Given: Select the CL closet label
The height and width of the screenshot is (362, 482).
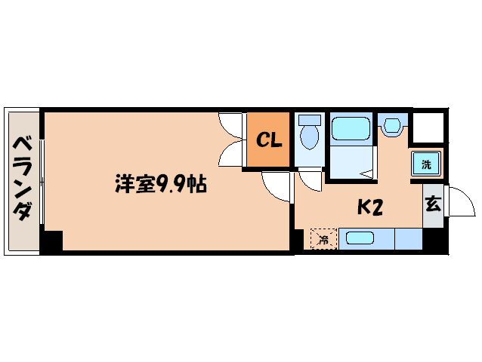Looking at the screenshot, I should pyautogui.click(x=268, y=140).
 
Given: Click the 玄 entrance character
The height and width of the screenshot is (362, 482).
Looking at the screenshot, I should pyautogui.click(x=432, y=204).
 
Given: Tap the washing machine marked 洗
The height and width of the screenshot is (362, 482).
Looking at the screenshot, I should pyautogui.click(x=425, y=164).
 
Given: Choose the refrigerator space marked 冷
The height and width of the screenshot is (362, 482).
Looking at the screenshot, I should pyautogui.click(x=323, y=240).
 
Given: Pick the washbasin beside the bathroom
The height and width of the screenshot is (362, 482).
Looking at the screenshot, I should pyautogui.click(x=391, y=125).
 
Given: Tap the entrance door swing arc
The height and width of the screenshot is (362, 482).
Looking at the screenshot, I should pyautogui.click(x=457, y=202).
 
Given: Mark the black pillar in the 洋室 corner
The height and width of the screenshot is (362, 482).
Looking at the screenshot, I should pyautogui.click(x=51, y=241).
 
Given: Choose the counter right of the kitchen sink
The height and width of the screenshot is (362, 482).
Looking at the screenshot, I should pyautogui.click(x=408, y=239).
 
